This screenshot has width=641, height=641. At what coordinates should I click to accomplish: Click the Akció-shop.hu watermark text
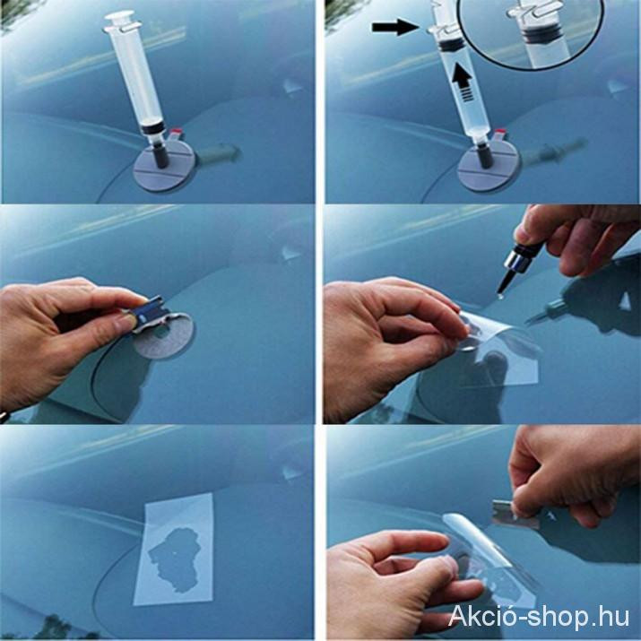(x=539, y=616)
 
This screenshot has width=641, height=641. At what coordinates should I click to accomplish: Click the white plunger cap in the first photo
(x=119, y=18)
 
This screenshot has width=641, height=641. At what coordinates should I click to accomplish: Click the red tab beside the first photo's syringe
(x=177, y=132)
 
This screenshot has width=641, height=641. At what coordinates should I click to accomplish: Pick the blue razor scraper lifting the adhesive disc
(x=151, y=311)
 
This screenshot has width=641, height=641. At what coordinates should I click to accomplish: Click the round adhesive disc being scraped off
(x=165, y=336)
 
